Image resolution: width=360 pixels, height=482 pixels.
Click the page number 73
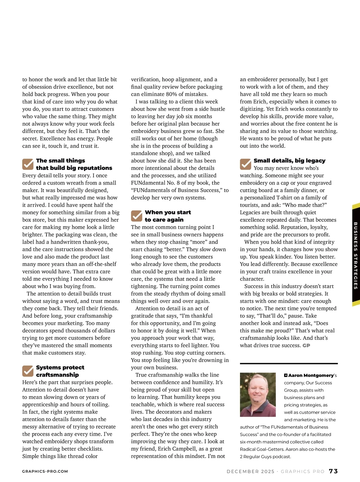333,471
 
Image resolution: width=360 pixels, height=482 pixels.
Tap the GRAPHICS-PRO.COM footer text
45,471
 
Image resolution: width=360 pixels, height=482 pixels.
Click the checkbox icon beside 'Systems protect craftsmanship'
28,371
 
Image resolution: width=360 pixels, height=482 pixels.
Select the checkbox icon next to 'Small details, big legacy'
245,164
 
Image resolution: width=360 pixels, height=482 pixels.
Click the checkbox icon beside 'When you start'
136,216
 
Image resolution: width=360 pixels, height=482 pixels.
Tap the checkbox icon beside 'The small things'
28,164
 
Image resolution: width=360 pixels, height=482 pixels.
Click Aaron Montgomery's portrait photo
258,395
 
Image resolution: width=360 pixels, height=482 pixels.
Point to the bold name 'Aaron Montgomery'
311,375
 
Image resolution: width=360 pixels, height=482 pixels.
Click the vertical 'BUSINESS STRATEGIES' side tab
356,255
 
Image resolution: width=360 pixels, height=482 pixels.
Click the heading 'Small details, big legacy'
289,161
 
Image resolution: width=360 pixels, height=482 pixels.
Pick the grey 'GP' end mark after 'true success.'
306,345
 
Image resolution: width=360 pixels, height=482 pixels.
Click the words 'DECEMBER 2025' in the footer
250,471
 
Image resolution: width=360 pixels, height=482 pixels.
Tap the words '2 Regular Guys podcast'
265,456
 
